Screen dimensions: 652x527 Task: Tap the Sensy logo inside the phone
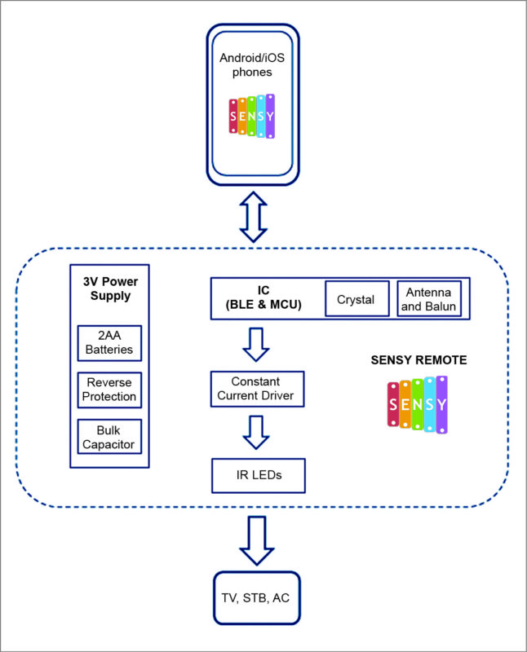pos(252,117)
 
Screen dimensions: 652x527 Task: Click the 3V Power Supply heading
pos(109,289)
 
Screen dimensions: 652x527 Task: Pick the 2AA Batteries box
pos(110,343)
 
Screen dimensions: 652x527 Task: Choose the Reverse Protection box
pos(110,390)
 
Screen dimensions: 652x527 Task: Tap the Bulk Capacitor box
pos(110,437)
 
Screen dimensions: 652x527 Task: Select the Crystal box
pos(356,299)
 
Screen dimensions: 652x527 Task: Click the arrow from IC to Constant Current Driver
pos(256,345)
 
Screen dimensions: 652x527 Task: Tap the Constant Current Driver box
pos(256,389)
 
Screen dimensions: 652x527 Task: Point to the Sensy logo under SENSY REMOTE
pos(418,404)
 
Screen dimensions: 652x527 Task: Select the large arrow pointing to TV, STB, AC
pos(256,540)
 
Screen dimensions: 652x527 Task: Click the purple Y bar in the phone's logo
pos(270,116)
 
